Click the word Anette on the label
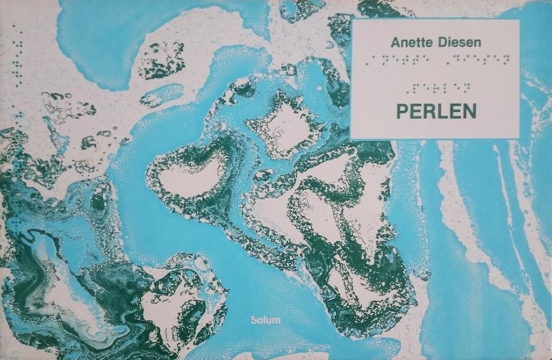[x=410, y=43]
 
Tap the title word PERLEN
[x=436, y=111]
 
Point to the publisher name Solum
[x=265, y=321]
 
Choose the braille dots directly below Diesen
[x=477, y=59]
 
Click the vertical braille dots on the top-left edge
[x=18, y=56]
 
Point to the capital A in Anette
[x=395, y=43]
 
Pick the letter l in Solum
[x=265, y=321]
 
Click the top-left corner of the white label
[x=351, y=20]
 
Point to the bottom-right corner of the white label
[x=519, y=138]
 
